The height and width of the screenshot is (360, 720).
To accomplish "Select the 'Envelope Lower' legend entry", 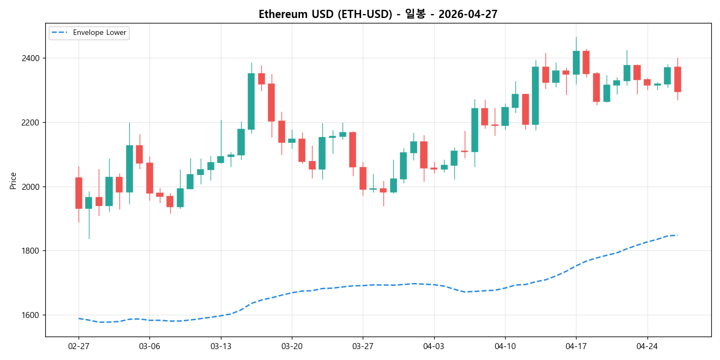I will click(99, 33).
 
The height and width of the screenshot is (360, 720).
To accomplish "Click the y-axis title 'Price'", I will click(13, 181).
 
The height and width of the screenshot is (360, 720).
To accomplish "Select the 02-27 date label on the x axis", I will click(79, 346).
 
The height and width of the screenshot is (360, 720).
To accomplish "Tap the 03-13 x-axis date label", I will click(220, 346).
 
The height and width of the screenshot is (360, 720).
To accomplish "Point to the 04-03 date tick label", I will click(434, 346).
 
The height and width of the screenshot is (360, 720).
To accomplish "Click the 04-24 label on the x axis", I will click(647, 346).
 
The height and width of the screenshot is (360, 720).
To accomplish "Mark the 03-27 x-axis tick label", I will click(363, 346).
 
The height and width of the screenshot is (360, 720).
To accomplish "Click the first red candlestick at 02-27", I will click(79, 193).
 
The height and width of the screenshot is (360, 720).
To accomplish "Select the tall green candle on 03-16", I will click(251, 101).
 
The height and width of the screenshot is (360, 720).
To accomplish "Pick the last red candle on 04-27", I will click(677, 79).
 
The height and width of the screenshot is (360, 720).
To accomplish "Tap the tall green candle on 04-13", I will click(535, 95).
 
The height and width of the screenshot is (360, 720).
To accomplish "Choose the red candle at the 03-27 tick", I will click(363, 178).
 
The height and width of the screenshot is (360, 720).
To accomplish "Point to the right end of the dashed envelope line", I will click(677, 235).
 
